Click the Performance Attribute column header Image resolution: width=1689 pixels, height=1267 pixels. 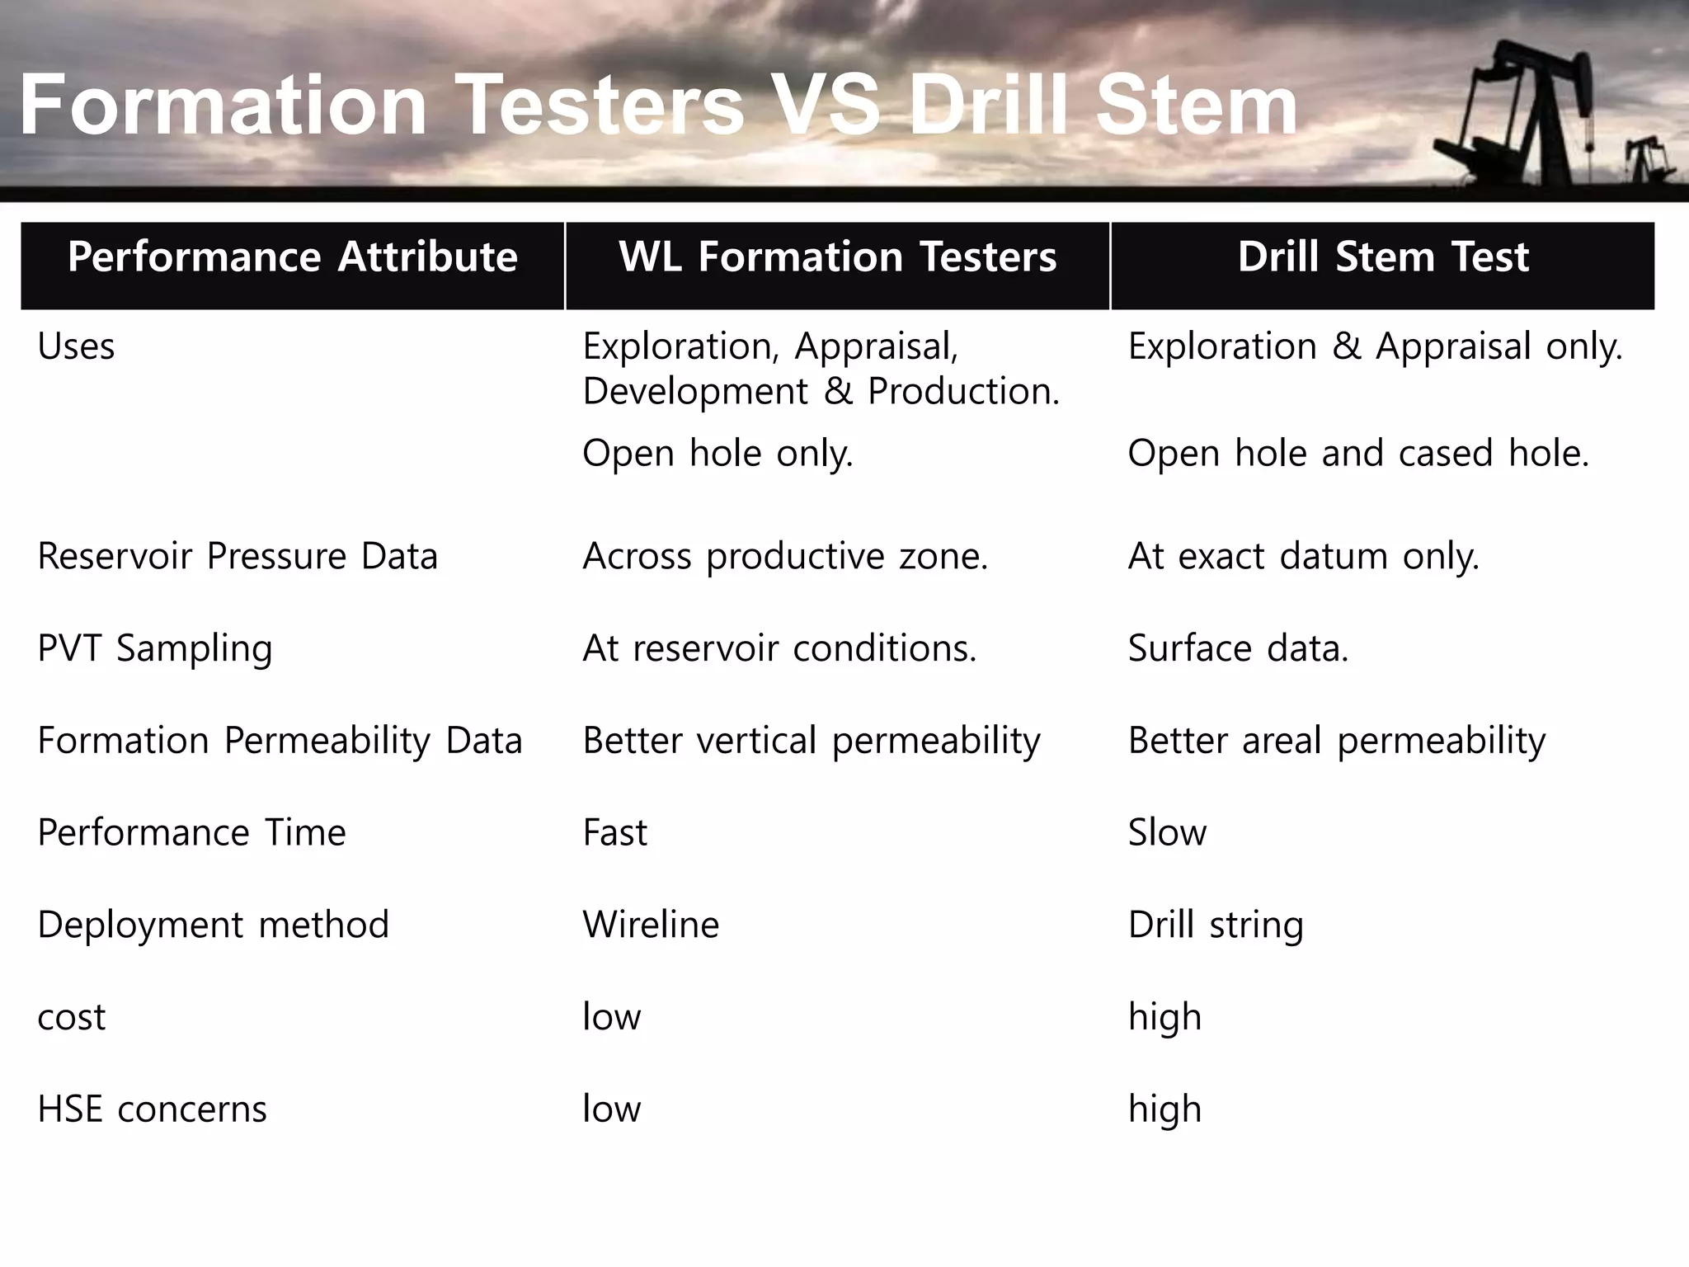click(292, 257)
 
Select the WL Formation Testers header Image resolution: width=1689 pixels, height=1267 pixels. click(837, 257)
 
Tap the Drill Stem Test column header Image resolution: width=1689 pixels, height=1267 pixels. click(1382, 257)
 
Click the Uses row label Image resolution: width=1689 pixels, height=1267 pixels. click(76, 346)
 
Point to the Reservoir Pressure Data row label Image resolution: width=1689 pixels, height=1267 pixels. click(238, 556)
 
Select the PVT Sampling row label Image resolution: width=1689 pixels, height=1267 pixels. click(155, 648)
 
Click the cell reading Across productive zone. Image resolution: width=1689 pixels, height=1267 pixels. click(785, 556)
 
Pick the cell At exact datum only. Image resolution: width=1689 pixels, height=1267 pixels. click(1303, 556)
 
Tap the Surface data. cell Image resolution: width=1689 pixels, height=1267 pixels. click(1238, 648)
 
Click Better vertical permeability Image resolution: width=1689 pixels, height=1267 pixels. click(812, 741)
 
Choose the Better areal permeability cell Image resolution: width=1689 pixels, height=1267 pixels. click(1336, 741)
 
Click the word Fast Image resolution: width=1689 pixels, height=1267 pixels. click(614, 833)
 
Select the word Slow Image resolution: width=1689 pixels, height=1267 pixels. click(1167, 833)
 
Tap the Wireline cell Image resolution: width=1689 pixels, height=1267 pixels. click(651, 925)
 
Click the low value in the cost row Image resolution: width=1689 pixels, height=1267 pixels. click(611, 1017)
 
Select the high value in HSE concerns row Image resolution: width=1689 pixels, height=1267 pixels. click(1164, 1109)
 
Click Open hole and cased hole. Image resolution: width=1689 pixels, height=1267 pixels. click(1357, 454)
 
